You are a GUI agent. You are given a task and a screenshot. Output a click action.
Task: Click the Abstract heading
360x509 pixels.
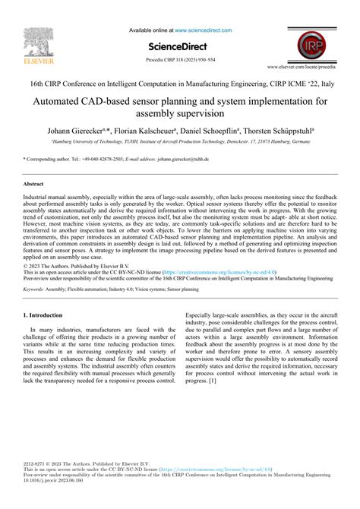point(33,184)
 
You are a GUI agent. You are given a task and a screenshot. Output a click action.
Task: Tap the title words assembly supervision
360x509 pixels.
point(179,113)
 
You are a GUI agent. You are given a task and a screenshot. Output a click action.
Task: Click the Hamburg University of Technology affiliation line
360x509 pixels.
point(179,141)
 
